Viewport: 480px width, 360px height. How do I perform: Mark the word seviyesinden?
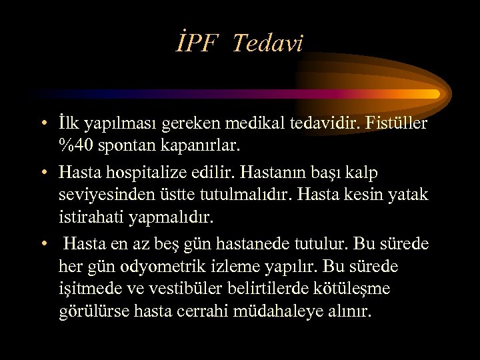point(111,195)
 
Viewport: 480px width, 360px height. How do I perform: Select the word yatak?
point(407,195)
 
